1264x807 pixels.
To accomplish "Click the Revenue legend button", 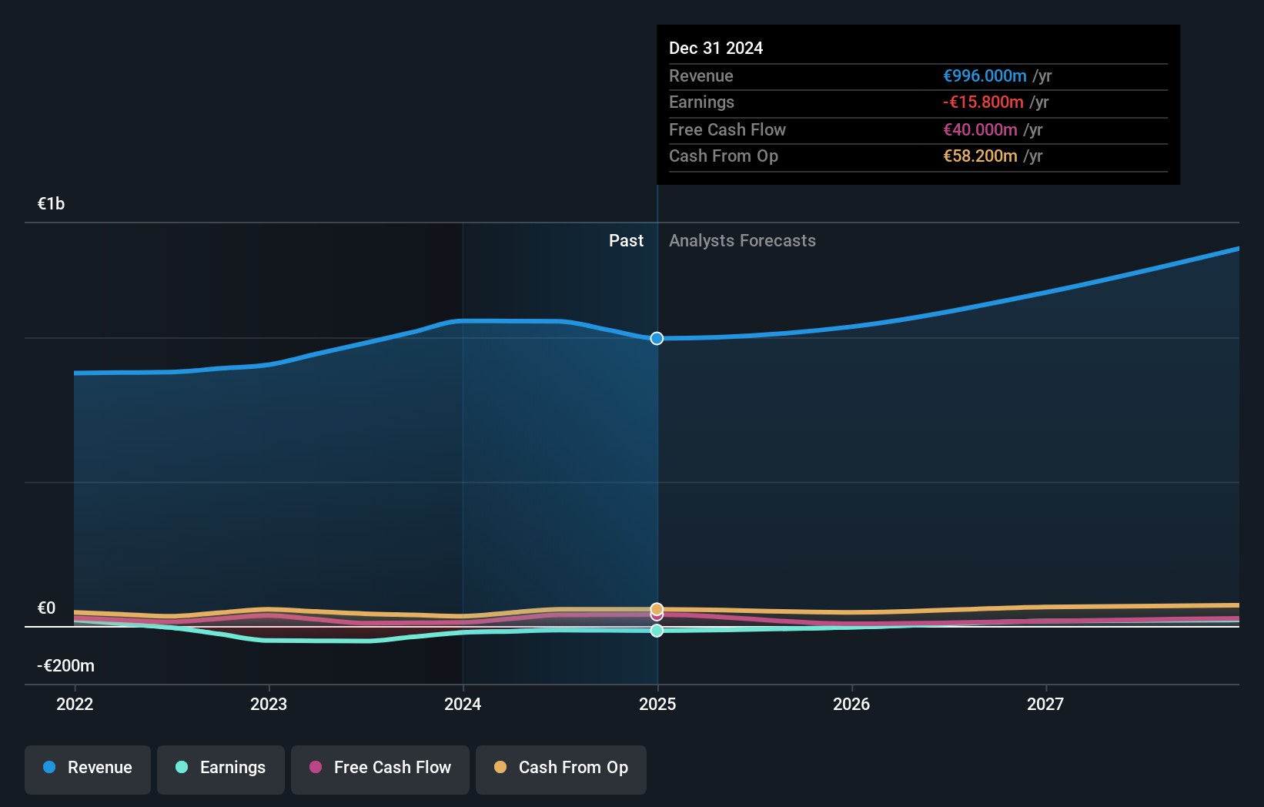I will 88,768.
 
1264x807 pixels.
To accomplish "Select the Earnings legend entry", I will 221,768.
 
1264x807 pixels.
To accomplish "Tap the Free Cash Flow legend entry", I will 380,768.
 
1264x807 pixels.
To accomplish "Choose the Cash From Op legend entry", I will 561,768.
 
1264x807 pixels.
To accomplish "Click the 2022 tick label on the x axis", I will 75,704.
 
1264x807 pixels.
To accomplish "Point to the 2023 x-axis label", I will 269,704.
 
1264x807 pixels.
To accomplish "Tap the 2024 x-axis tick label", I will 463,704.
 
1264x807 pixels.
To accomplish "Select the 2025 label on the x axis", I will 657,704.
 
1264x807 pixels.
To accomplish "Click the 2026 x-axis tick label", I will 851,704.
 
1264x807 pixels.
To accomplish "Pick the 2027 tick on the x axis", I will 1045,704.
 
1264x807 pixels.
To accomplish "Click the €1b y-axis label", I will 51,203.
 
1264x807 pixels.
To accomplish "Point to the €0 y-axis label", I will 46,608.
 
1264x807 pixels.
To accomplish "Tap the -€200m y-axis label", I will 65,665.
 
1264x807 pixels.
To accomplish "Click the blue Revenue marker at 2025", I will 657,338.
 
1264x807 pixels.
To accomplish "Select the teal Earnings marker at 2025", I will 657,631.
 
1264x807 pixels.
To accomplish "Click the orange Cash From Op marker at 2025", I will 657,609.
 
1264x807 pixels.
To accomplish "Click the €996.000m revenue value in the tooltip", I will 985,75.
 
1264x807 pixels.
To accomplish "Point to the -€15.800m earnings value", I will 983,102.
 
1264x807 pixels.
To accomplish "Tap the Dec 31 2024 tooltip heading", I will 716,48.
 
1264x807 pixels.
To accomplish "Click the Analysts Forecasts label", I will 742,240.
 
